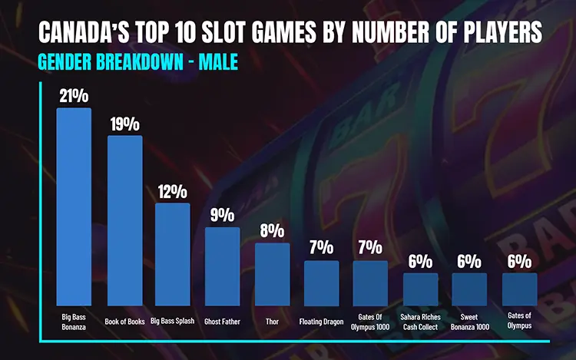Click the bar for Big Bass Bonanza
74,207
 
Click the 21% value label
74,95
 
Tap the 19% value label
124,124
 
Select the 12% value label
173,191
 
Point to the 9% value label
222,215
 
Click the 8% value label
272,231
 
